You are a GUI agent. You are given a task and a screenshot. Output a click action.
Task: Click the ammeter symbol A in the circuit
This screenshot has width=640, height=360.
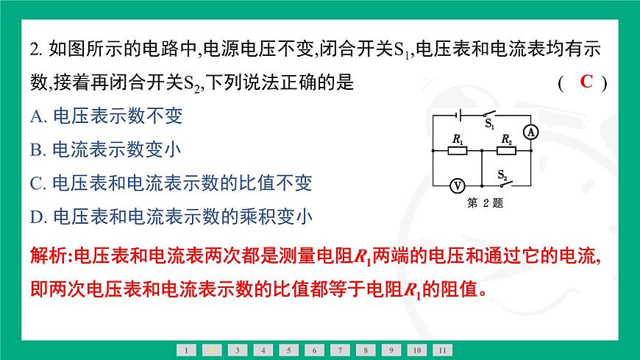533,132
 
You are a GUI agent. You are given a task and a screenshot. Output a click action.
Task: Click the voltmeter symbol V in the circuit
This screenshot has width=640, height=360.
456,184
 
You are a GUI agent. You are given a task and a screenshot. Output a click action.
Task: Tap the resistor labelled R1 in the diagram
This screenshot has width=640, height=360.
458,151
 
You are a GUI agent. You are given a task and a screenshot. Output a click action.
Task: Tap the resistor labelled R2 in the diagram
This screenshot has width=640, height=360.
506,151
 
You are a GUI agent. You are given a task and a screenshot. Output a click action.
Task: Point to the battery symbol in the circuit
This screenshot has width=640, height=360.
458,116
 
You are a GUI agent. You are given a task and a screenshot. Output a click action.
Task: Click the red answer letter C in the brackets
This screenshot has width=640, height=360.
586,82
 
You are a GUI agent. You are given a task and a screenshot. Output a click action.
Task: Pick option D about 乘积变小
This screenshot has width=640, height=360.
172,216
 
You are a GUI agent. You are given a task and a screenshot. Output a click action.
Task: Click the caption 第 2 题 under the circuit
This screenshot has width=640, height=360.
485,204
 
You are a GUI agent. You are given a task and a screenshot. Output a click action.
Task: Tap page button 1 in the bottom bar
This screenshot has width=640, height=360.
187,350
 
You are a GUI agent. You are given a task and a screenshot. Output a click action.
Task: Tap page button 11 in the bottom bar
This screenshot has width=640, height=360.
442,350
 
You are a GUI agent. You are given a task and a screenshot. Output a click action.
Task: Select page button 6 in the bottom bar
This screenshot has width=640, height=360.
314,350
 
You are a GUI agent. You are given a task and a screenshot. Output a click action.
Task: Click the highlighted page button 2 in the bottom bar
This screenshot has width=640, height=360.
212,350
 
